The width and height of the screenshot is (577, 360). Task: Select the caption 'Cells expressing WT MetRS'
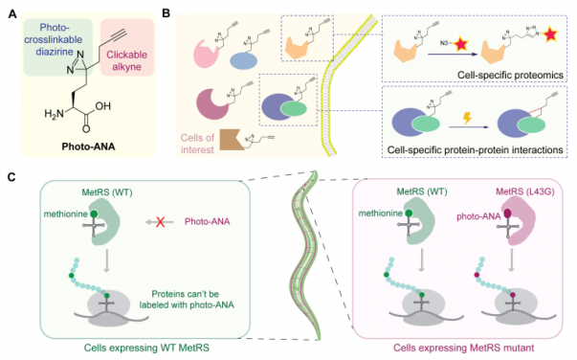tap(131, 346)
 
